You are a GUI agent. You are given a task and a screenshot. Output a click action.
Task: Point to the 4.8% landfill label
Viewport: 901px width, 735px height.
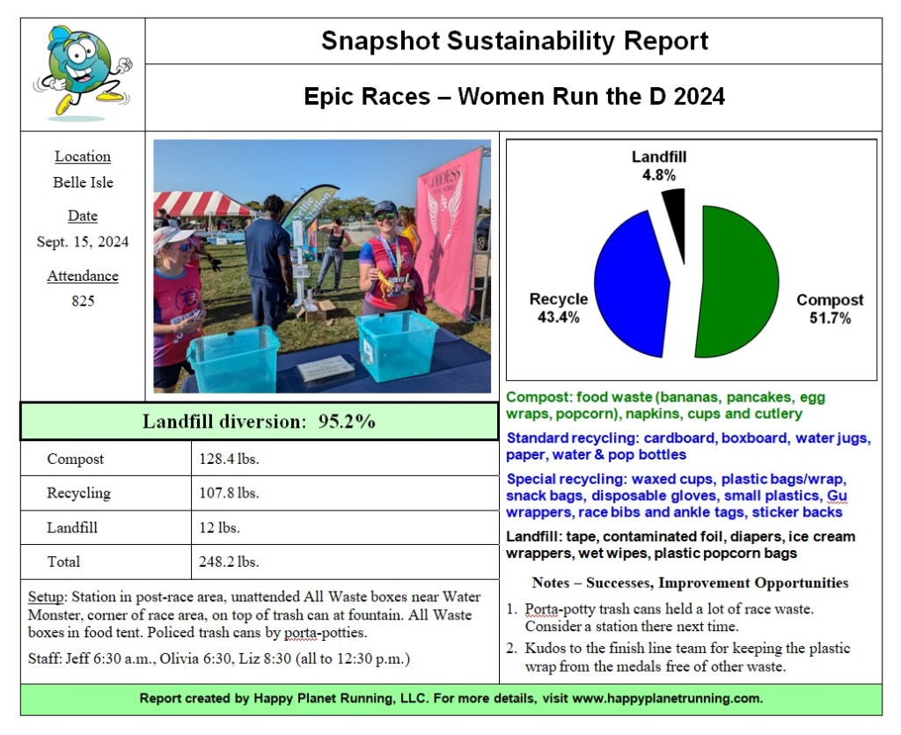point(658,175)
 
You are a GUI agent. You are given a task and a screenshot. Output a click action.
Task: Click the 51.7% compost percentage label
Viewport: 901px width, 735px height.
point(830,318)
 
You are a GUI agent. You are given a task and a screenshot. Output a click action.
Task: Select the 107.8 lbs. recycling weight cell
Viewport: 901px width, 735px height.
point(229,493)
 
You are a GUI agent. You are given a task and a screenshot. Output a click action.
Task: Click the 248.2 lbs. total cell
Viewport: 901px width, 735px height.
point(229,562)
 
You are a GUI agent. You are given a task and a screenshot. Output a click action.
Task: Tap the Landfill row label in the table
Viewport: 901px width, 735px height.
point(72,528)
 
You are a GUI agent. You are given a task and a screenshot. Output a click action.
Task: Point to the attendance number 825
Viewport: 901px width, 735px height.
point(83,301)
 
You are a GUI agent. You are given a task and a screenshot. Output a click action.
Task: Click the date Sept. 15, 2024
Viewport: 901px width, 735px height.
point(83,241)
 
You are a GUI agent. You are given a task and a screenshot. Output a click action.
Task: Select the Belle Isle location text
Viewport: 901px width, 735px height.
point(83,182)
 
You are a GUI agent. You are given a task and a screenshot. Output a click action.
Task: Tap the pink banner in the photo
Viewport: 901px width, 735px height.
point(450,229)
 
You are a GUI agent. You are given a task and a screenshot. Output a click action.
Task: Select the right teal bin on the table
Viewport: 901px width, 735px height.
point(397,345)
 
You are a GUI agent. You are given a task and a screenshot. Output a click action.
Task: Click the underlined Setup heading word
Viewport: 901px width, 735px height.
point(45,597)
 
